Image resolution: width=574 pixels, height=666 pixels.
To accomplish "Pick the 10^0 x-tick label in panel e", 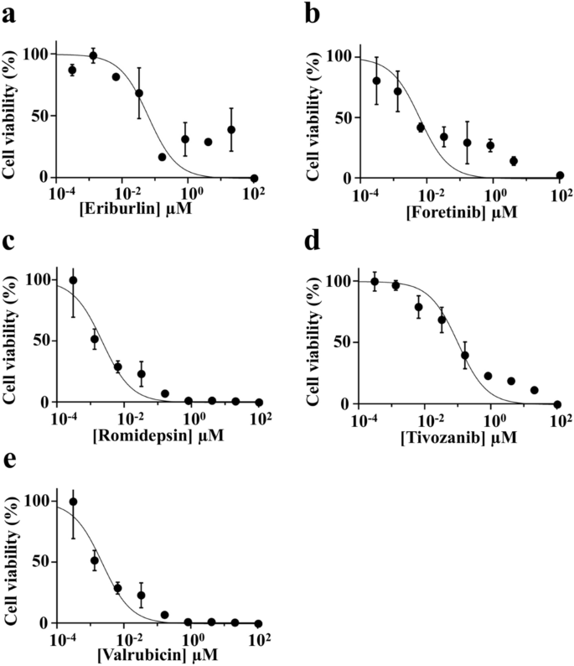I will click(x=191, y=640).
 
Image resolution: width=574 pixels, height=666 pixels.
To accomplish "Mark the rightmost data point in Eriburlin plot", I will click(x=254, y=178).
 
